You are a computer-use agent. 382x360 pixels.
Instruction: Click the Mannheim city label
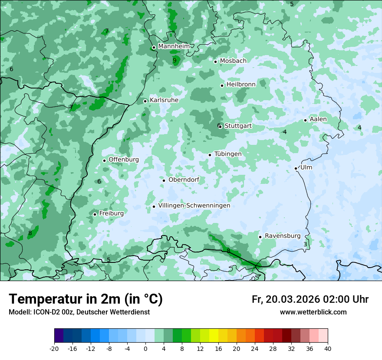tap(174, 46)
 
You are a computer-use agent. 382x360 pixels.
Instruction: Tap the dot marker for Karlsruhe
tap(145, 101)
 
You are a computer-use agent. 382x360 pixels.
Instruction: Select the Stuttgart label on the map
tap(238, 126)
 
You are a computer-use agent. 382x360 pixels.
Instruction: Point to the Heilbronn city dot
tap(222, 85)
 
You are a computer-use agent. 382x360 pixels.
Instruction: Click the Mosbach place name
tap(233, 61)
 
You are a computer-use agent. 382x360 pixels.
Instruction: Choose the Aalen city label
tap(318, 119)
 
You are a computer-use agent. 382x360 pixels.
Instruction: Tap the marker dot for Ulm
tap(296, 168)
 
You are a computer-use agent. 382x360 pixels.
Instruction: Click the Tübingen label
tap(228, 154)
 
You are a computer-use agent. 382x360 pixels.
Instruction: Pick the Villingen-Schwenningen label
tap(194, 206)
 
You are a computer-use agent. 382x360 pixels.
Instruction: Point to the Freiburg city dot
tap(95, 214)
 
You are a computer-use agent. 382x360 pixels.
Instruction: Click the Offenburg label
tap(124, 160)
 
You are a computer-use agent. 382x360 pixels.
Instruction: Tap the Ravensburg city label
tap(283, 236)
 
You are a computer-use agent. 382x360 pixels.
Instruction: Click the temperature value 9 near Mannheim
tap(175, 61)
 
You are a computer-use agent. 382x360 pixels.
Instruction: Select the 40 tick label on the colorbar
tap(327, 348)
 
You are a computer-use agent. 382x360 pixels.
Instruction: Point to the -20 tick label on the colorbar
tap(54, 348)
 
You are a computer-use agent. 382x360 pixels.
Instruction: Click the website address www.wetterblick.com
tap(313, 312)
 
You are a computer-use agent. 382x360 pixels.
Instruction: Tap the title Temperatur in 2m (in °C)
tap(86, 299)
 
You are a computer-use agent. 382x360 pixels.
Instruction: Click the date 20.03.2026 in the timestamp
tap(293, 299)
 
